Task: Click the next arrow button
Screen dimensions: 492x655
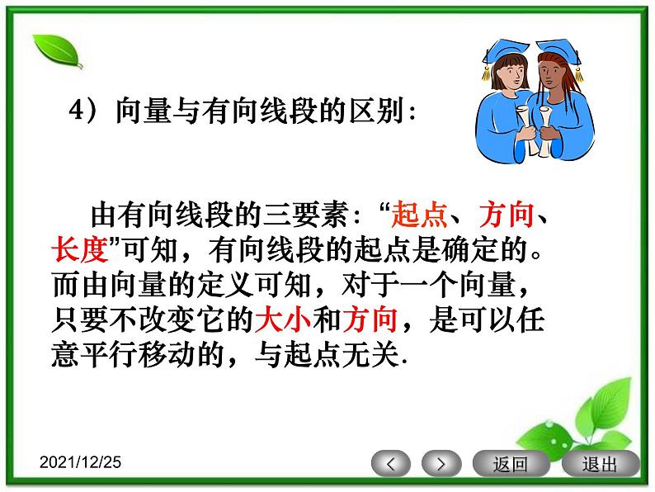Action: click(x=441, y=463)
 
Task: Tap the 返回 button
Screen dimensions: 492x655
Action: click(x=510, y=463)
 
